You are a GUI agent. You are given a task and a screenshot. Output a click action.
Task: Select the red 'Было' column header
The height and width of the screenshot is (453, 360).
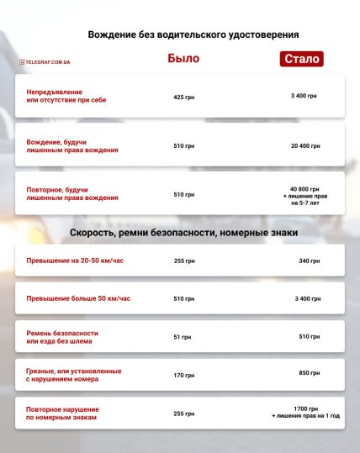[183, 59]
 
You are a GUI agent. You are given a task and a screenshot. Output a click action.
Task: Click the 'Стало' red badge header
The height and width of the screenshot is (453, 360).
[302, 60]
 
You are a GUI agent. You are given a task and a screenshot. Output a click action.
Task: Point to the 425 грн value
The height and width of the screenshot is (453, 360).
[183, 97]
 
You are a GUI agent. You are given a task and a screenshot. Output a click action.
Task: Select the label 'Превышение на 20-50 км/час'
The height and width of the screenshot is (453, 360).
[76, 261]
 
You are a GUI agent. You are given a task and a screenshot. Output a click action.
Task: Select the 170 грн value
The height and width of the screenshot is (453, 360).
[183, 375]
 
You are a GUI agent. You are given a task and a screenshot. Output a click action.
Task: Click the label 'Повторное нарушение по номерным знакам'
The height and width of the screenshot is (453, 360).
[66, 413]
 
